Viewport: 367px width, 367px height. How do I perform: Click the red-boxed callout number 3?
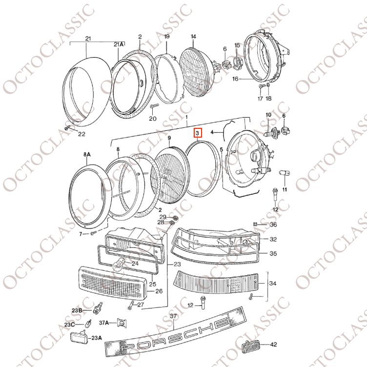tap(197, 133)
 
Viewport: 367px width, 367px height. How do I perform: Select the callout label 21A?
tap(119, 44)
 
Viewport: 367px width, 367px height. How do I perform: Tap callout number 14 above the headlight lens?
tap(193, 37)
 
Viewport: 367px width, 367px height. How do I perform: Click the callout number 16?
tap(235, 79)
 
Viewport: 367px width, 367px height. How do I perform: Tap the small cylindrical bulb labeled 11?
tap(284, 174)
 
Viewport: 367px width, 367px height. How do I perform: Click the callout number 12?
tap(275, 209)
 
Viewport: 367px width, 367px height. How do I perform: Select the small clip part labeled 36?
tap(255, 224)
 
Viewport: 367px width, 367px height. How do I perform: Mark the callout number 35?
tap(273, 253)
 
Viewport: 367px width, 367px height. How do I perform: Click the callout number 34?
tap(273, 283)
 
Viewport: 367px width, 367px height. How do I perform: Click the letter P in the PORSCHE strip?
tap(128, 347)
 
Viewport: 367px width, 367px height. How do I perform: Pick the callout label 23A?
tap(96, 337)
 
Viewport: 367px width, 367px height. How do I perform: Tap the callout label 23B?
tap(77, 310)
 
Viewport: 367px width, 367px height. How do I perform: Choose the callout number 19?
tap(167, 37)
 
